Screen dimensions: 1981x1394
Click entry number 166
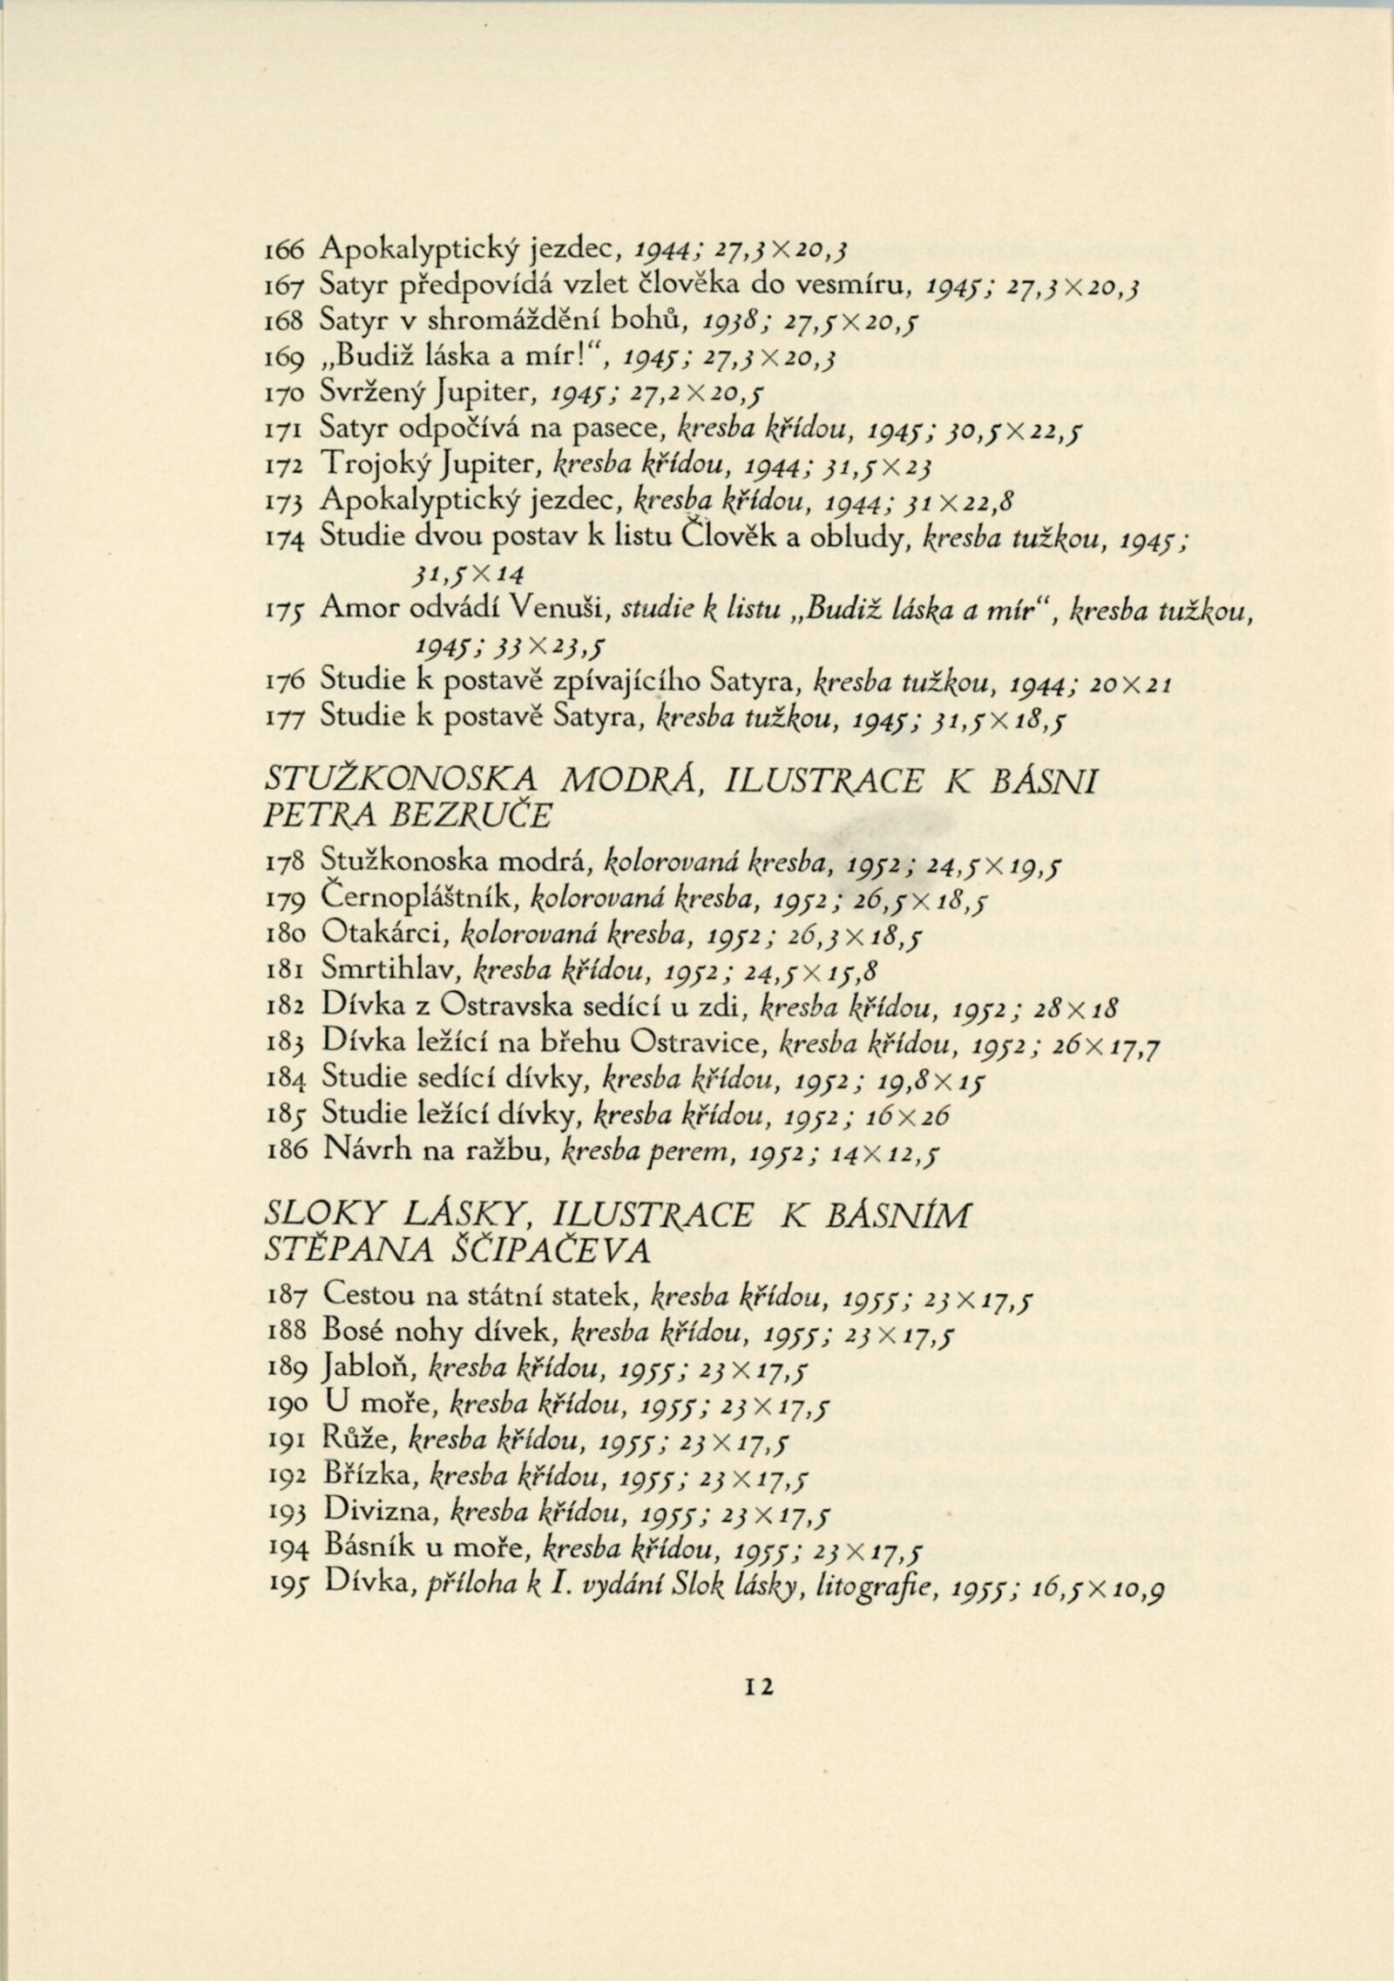(282, 249)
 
